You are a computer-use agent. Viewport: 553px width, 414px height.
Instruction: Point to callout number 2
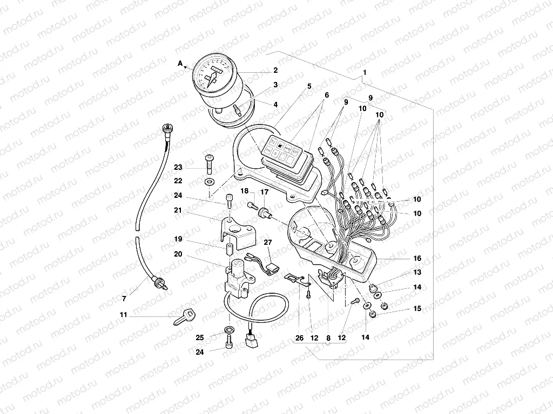point(275,70)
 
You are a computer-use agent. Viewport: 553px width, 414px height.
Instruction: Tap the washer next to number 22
point(209,180)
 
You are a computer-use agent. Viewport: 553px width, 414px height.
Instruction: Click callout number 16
point(417,259)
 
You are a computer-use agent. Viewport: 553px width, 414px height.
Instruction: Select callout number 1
point(365,72)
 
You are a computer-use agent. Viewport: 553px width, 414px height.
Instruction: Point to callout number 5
point(309,86)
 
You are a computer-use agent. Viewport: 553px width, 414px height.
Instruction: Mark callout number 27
point(267,243)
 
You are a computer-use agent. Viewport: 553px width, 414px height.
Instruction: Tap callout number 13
point(417,273)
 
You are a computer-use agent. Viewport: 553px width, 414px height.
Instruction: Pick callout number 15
point(417,309)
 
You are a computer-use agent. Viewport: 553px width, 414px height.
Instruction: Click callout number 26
point(300,339)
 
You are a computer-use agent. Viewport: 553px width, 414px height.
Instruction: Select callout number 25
point(200,337)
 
